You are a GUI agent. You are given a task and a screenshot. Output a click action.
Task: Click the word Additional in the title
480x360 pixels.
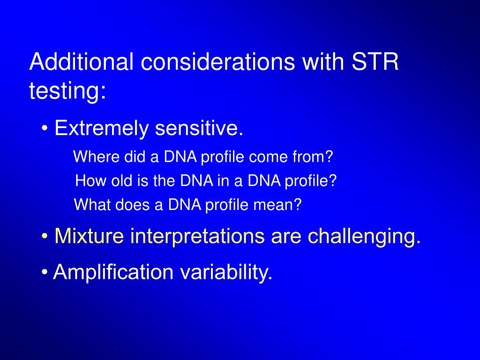tap(82, 61)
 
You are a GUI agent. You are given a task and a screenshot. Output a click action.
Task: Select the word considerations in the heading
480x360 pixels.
tap(218, 61)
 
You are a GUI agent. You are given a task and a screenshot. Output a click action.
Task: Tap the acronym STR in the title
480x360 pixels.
tap(375, 61)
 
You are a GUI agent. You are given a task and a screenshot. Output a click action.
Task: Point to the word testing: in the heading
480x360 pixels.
tap(67, 91)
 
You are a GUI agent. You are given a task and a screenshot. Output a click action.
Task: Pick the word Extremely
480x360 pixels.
tap(101, 128)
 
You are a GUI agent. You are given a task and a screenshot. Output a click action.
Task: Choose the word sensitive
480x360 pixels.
tap(199, 128)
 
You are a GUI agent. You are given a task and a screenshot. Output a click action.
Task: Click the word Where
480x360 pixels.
tap(97, 157)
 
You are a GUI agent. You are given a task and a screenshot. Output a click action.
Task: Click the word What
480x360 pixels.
tap(92, 204)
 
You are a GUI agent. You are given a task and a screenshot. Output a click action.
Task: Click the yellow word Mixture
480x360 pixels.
tap(89, 236)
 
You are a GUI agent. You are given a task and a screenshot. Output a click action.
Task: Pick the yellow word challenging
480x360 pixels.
tap(364, 236)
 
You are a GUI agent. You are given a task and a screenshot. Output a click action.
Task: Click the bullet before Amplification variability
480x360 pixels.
tap(45, 272)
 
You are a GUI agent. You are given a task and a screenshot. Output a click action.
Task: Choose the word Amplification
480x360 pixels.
tap(113, 272)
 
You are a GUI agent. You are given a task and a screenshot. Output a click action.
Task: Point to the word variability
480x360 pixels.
tap(226, 272)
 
